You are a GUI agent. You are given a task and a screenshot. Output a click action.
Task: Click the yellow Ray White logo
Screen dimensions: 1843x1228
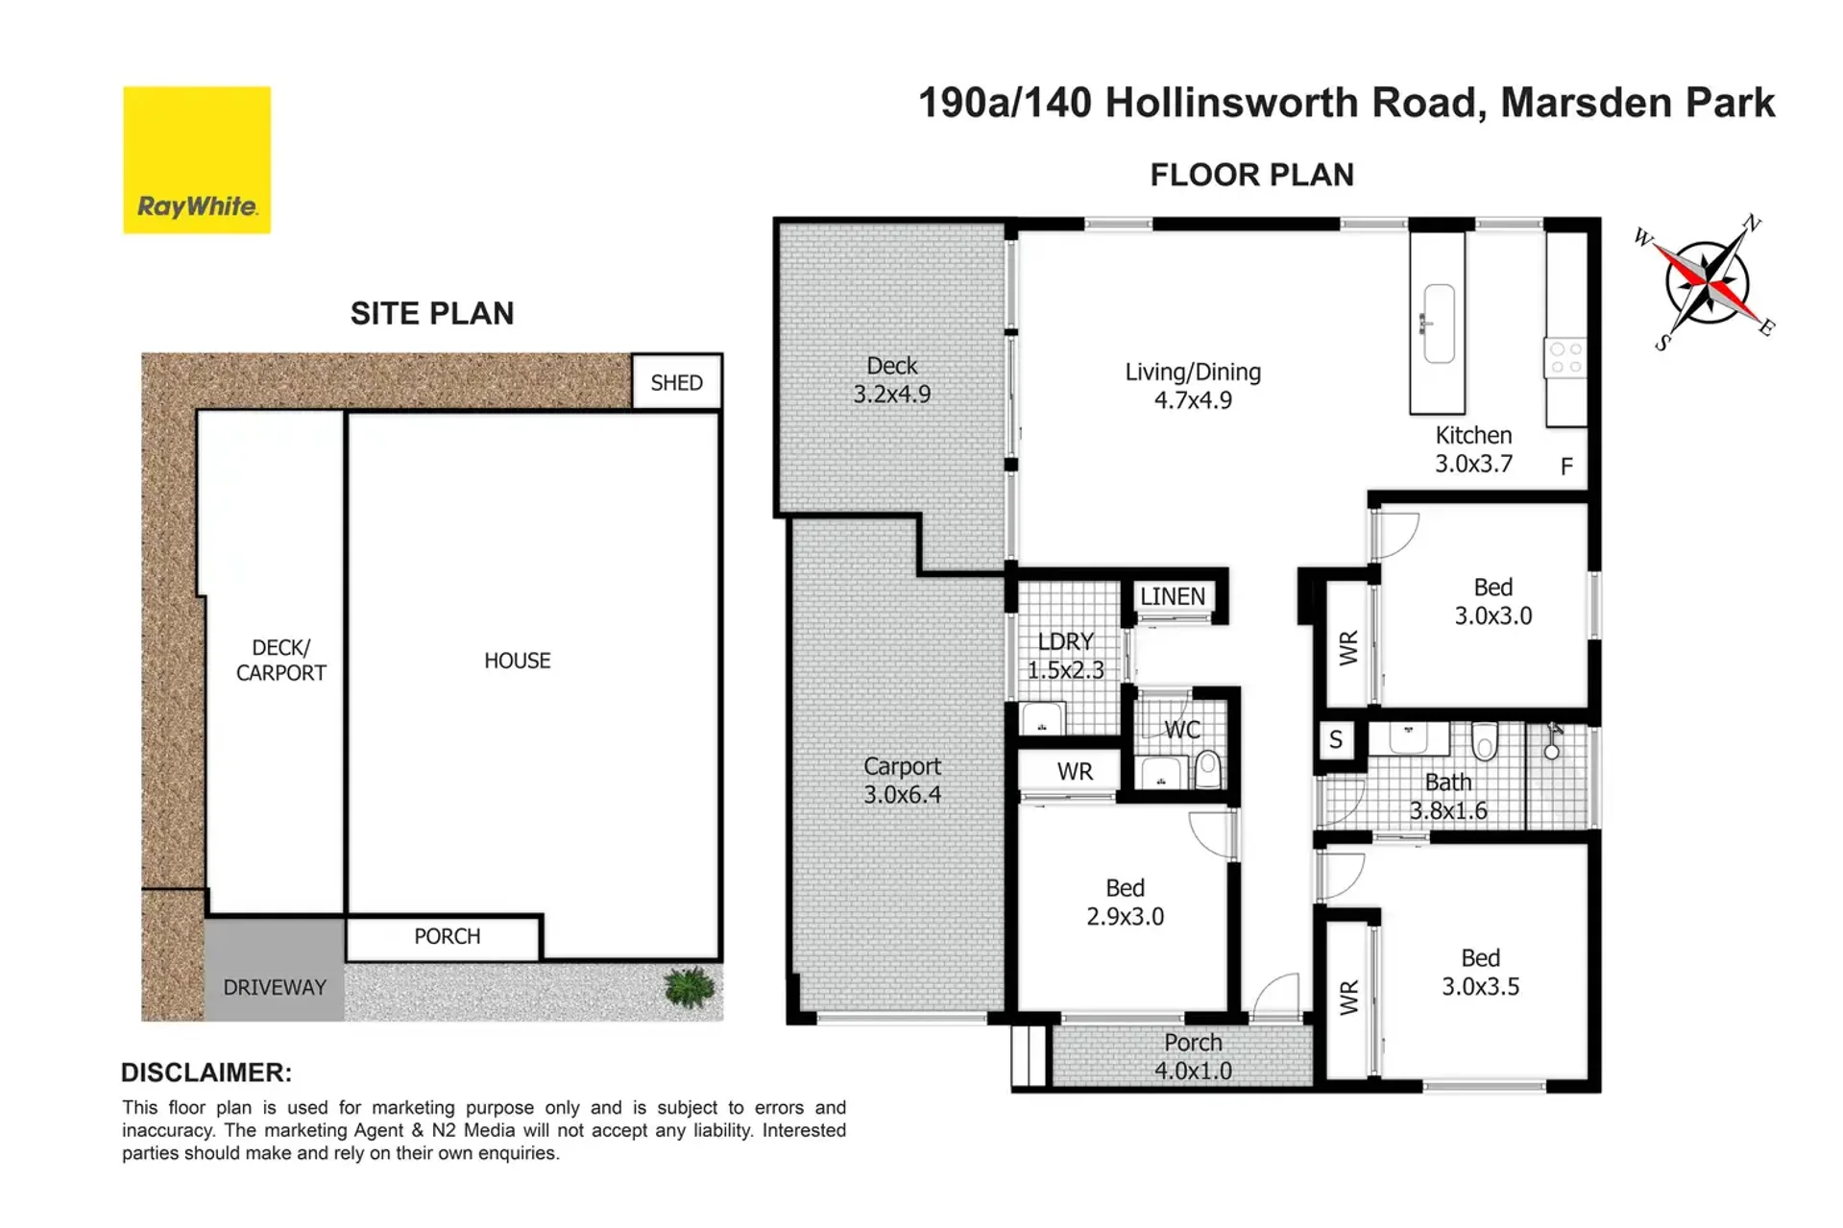[x=197, y=159]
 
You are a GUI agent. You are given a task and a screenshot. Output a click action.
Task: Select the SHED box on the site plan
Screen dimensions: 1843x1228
[x=676, y=382]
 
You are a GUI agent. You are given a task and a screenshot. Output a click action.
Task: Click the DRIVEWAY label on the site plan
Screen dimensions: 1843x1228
[x=275, y=987]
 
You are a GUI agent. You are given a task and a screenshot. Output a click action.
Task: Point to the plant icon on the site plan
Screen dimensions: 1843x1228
[x=690, y=987]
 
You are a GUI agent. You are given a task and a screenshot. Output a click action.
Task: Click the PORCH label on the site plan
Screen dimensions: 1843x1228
[x=448, y=936]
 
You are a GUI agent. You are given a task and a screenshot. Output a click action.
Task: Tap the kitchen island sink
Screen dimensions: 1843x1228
[x=1438, y=323]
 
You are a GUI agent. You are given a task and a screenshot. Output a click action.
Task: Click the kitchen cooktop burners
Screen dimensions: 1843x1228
[x=1565, y=357]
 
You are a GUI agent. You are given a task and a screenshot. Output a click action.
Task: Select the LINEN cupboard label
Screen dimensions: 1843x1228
[x=1173, y=596]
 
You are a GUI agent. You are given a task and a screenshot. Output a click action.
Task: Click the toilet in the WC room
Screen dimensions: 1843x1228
[x=1206, y=768]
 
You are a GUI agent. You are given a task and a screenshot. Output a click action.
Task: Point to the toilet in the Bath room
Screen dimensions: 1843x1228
[x=1485, y=740]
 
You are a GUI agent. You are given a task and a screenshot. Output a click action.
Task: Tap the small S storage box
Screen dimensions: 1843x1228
[x=1336, y=740]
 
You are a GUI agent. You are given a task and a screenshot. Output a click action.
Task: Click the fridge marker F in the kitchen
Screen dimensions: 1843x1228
[x=1566, y=467]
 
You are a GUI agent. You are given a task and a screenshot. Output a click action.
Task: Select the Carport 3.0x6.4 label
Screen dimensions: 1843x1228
[x=902, y=781]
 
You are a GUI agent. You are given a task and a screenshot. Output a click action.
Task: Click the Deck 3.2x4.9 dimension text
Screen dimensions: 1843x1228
[x=892, y=394]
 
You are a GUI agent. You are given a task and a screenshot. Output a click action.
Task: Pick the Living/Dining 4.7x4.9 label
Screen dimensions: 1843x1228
[x=1193, y=386]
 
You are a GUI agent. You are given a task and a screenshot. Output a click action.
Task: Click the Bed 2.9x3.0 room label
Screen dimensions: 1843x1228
[x=1125, y=902]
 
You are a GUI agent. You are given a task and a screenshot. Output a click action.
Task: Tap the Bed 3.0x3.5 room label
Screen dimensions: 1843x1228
[x=1480, y=972]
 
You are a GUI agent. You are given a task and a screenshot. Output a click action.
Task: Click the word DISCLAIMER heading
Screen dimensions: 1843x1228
[x=206, y=1072]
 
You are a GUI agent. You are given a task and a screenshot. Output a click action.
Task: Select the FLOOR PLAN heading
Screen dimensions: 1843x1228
[x=1252, y=175]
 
